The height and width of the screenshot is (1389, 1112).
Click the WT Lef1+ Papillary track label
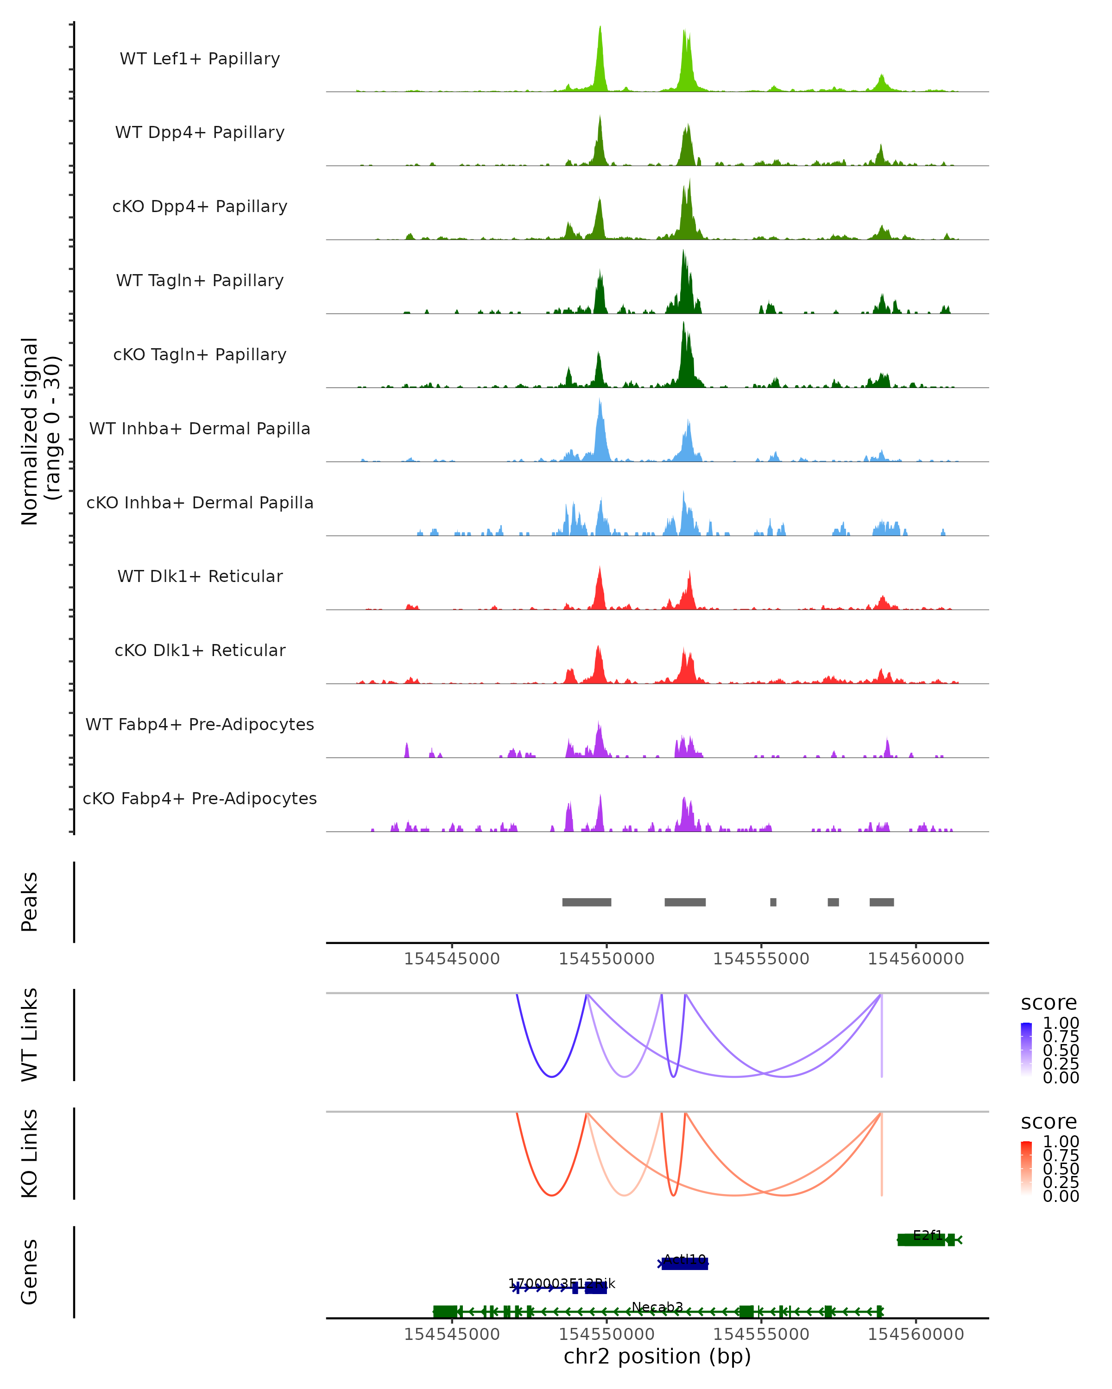[x=200, y=59]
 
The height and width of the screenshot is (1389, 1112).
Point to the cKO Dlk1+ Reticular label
[x=200, y=650]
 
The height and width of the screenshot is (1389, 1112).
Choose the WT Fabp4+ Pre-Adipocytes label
[x=200, y=724]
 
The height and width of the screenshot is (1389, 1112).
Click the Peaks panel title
[x=30, y=901]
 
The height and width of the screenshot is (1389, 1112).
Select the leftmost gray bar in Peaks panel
[x=587, y=902]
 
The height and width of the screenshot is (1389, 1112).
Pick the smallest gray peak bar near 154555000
[x=773, y=902]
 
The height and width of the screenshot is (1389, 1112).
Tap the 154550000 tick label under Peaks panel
[x=607, y=959]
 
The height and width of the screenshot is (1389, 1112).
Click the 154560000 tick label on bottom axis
[x=916, y=1334]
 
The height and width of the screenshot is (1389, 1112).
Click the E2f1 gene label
[x=928, y=1235]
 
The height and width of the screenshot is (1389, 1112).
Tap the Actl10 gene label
[x=685, y=1259]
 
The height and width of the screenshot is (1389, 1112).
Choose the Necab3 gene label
[x=657, y=1307]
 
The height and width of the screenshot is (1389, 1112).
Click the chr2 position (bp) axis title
[x=657, y=1357]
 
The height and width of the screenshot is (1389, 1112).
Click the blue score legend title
[x=1048, y=1003]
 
